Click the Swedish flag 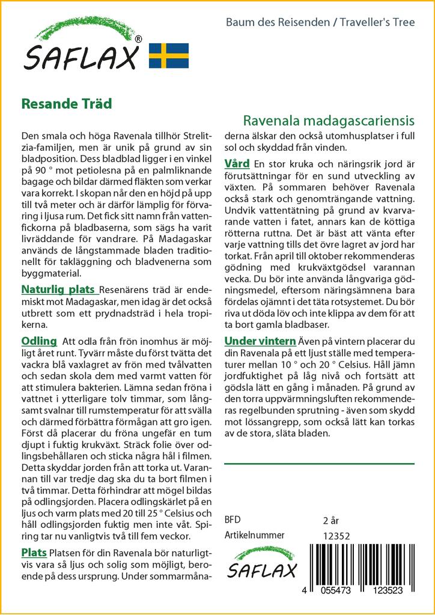point(169,55)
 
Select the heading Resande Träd point(66,103)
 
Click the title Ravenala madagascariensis point(329,120)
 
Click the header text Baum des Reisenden point(277,22)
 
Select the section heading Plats point(34,552)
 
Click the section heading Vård point(237,163)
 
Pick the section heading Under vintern point(260,341)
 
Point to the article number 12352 point(336,536)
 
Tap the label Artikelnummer point(254,536)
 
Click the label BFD point(233,520)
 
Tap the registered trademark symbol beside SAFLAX point(139,39)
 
